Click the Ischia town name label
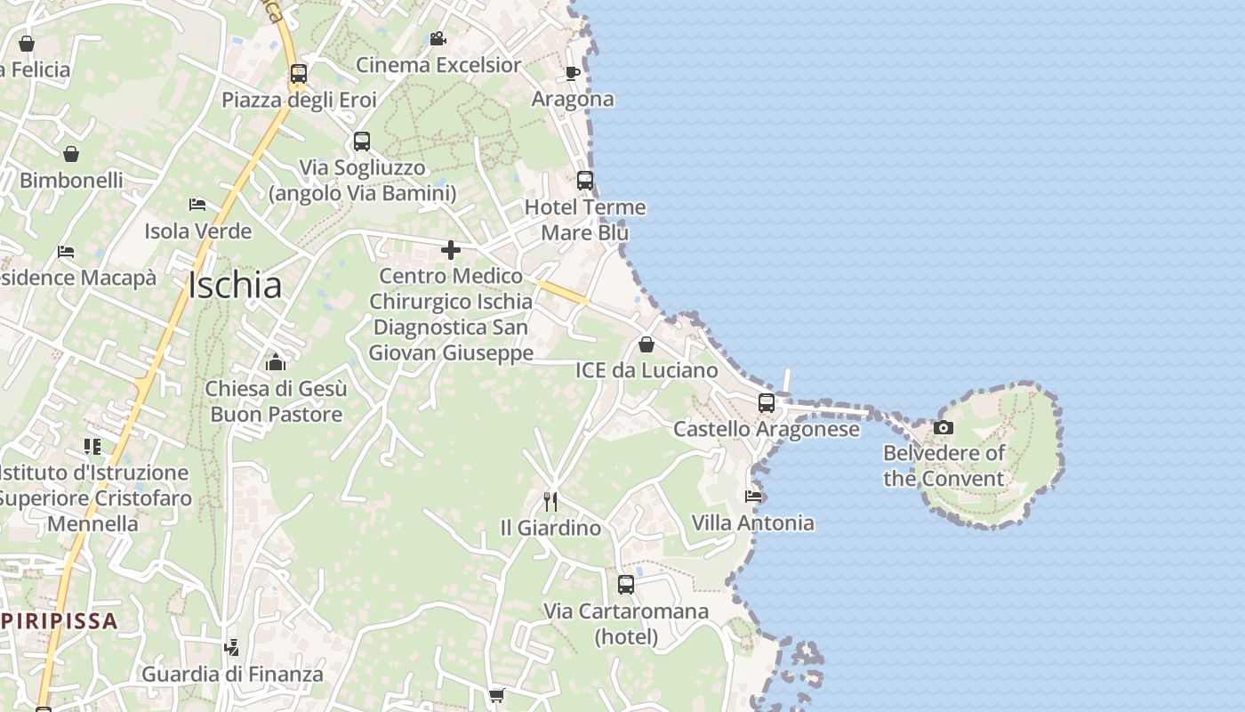(235, 285)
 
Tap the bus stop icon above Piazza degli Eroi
(299, 74)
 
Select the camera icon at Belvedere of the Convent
(944, 428)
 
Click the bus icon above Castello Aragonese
(767, 402)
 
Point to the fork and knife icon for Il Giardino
(550, 502)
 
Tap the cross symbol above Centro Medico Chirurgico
(451, 250)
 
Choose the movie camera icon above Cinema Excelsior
(438, 39)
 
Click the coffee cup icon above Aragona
(573, 73)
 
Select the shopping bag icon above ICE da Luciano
(647, 344)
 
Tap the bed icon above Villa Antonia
(753, 497)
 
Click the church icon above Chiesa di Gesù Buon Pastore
(276, 362)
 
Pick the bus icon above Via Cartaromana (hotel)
(626, 585)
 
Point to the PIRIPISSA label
(60, 620)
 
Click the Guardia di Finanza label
(233, 674)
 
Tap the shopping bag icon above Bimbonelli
(71, 154)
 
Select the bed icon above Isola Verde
(197, 205)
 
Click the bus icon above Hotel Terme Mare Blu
(585, 181)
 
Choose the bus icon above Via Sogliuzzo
(361, 142)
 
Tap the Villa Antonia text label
(752, 522)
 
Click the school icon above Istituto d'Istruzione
(92, 446)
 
